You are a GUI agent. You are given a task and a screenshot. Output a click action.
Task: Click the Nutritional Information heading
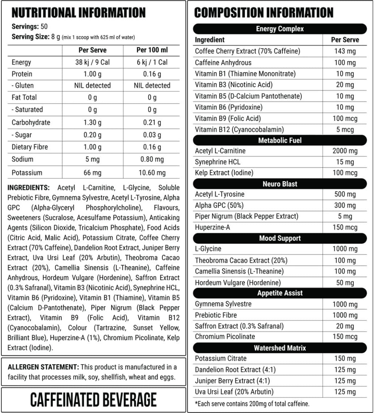79,13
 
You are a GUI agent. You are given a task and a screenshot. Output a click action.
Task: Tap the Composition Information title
264,13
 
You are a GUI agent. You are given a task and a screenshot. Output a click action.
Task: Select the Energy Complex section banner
280,29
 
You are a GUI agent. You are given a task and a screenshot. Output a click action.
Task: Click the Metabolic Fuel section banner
280,140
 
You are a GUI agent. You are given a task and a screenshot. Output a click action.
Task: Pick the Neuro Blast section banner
280,184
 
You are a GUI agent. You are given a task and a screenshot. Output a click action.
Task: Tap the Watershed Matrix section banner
280,348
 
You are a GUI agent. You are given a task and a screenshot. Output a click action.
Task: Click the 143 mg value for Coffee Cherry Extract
345,51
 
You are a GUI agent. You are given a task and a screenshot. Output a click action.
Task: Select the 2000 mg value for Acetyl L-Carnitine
345,151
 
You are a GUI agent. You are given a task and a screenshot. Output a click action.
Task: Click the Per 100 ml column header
152,50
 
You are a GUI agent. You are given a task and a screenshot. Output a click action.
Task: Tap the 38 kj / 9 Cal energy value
92,62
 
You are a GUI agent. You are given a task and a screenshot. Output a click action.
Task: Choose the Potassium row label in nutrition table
27,173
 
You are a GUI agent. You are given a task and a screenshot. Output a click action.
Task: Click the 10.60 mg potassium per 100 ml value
152,173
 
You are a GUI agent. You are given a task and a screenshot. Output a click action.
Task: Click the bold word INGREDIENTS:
29,188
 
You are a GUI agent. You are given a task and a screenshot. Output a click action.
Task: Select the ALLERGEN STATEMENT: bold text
43,367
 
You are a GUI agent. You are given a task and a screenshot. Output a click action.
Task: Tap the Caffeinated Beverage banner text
93,400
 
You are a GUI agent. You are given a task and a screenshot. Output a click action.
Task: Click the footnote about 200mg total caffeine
252,404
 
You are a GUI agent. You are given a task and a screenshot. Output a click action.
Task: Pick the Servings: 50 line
30,27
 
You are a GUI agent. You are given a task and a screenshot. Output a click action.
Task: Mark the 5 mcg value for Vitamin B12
345,130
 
